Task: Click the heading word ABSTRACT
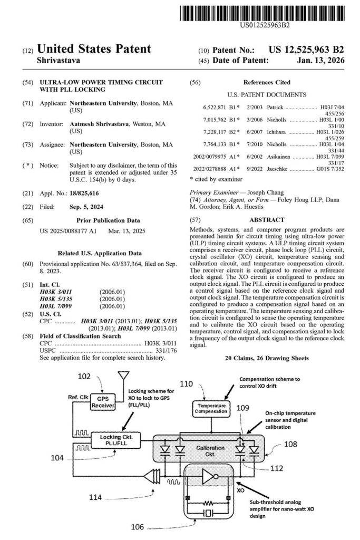click(267, 219)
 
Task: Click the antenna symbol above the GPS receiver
click(124, 378)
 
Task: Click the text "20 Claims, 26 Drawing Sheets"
click(267, 358)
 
